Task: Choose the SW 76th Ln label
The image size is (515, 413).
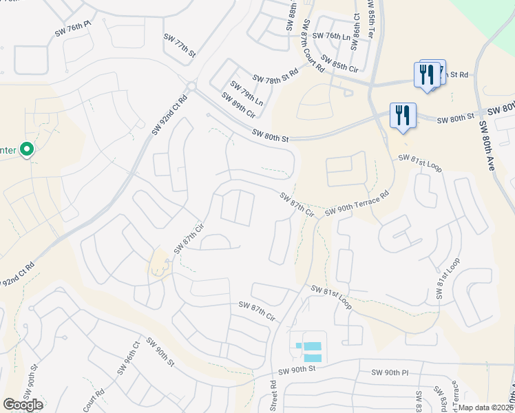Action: (332, 36)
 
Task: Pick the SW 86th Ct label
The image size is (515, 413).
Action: (355, 32)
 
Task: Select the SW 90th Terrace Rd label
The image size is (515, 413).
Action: (357, 203)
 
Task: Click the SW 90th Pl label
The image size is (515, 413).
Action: (390, 372)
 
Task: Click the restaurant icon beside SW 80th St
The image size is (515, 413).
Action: (402, 116)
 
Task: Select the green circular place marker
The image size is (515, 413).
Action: (27, 149)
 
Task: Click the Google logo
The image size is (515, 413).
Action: (23, 404)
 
